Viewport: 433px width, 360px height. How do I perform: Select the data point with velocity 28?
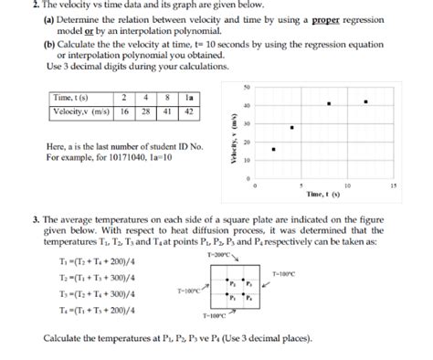tap(291, 128)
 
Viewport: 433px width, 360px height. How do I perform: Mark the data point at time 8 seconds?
tap(329, 103)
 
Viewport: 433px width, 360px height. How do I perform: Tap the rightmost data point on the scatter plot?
tap(366, 101)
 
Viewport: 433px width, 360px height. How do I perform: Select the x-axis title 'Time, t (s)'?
tap(323, 195)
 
